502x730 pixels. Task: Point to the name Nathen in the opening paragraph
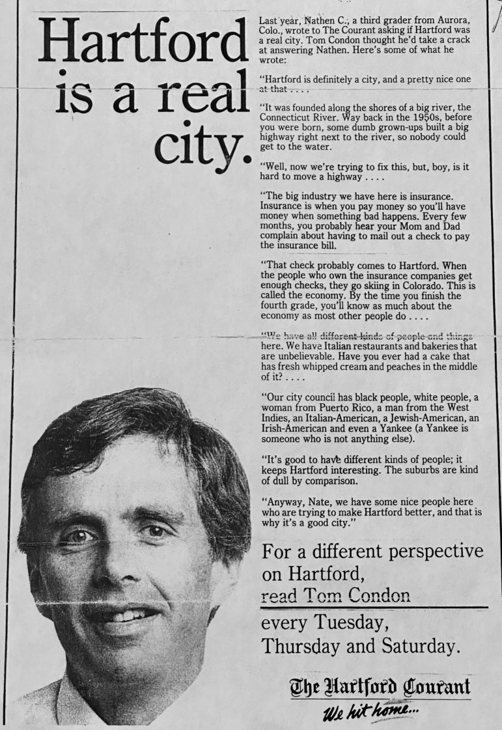320,20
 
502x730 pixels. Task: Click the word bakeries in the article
418,346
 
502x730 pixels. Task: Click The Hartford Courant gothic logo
380,687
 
